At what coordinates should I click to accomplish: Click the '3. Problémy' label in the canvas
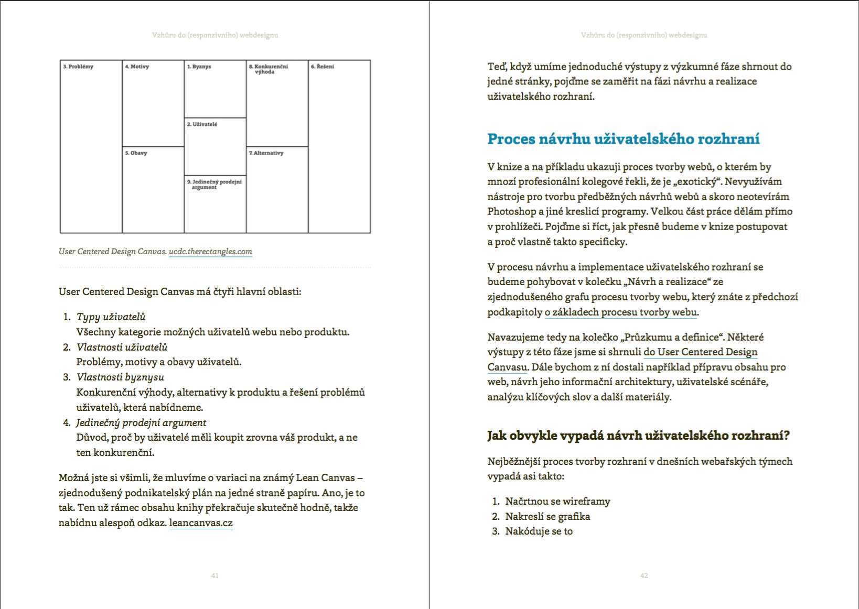[78, 67]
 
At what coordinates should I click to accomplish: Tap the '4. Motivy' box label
[137, 67]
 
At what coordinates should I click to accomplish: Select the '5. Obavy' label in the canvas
[136, 153]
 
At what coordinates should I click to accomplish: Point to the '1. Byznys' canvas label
[199, 67]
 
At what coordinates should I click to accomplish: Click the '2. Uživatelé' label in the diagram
[202, 124]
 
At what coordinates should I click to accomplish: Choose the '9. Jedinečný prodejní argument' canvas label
[214, 184]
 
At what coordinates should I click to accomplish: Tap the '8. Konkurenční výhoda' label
[268, 69]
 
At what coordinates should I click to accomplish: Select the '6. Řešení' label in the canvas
[323, 67]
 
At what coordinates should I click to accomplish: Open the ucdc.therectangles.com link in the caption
[210, 252]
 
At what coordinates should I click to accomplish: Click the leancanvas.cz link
[201, 523]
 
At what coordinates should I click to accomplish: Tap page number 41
[214, 575]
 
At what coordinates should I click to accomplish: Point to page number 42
[644, 575]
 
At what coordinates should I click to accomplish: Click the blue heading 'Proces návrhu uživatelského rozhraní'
[623, 139]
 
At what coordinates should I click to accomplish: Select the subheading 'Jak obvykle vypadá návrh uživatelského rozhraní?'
[638, 436]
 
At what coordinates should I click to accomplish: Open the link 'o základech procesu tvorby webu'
[621, 312]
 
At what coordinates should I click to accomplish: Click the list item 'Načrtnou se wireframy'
[557, 502]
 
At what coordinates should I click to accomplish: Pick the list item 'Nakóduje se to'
[539, 531]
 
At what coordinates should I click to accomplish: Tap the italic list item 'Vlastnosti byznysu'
[120, 377]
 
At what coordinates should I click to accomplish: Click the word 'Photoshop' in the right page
[512, 212]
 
